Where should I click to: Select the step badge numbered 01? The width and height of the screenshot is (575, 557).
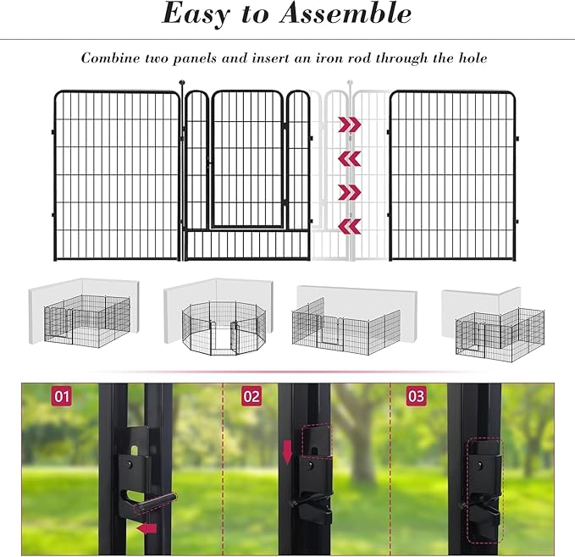click(62, 396)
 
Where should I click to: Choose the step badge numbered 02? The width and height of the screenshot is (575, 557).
click(252, 396)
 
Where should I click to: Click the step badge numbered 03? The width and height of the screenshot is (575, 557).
click(416, 396)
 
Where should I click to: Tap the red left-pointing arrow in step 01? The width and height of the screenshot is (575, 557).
click(148, 529)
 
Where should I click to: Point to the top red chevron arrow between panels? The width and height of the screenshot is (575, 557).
click(349, 125)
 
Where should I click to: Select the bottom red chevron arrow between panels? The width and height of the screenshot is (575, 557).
click(349, 225)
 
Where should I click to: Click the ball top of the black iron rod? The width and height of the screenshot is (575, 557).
click(182, 83)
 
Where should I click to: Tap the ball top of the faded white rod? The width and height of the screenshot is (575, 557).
click(349, 83)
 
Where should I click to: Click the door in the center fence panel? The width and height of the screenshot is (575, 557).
click(247, 159)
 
